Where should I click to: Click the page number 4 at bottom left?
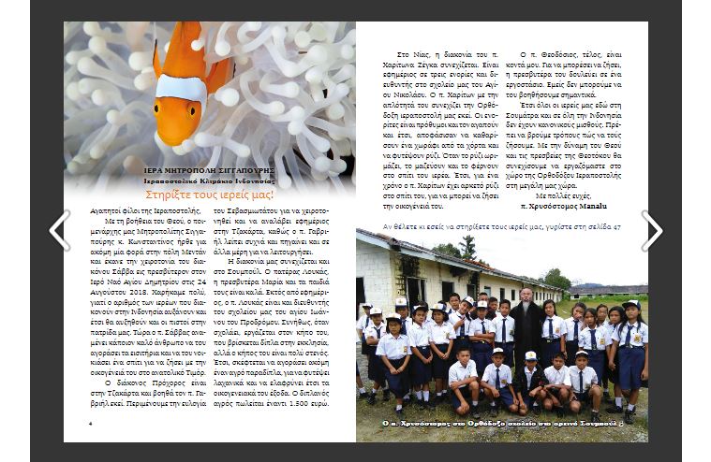pos(90,423)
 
